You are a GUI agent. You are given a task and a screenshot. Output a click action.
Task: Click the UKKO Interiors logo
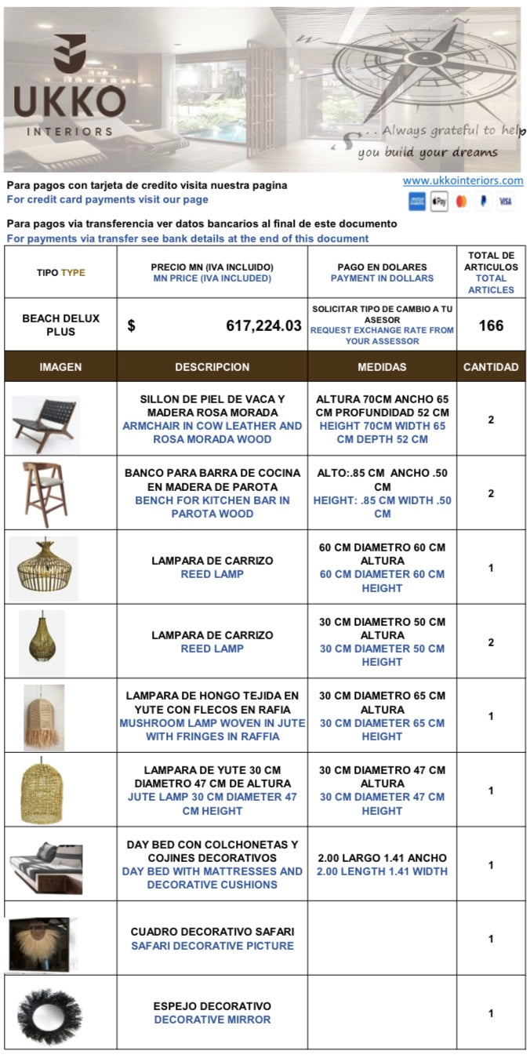tap(68, 86)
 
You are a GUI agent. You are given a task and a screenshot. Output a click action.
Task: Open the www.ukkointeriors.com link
tap(463, 180)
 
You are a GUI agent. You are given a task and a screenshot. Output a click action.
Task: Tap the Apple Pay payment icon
tap(439, 202)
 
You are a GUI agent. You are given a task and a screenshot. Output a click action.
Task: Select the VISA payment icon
tap(505, 202)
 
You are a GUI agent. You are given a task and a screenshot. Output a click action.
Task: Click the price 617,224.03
tap(263, 325)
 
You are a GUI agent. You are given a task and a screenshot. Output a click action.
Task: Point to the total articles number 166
tap(491, 325)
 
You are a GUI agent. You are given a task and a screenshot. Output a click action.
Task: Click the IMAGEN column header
tap(60, 367)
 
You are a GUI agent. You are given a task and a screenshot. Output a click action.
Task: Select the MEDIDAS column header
tap(382, 367)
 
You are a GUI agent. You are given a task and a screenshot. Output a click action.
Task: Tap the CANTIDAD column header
tap(491, 367)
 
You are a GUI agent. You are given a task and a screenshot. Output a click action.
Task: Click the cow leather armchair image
tap(46, 424)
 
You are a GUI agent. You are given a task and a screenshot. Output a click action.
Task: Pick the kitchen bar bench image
tap(45, 493)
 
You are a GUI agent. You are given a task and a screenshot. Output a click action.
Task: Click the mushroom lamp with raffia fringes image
tap(43, 717)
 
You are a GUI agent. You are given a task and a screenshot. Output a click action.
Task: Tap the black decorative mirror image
tap(49, 1015)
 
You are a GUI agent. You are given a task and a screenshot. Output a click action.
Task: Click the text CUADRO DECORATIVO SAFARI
tap(212, 932)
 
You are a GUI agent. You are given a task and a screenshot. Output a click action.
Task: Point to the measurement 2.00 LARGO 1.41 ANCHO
tap(382, 858)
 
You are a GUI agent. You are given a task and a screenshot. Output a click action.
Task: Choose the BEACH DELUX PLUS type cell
tap(60, 325)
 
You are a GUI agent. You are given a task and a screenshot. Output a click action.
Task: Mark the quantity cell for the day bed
tap(491, 865)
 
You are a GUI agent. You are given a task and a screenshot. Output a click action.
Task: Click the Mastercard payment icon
tap(461, 202)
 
